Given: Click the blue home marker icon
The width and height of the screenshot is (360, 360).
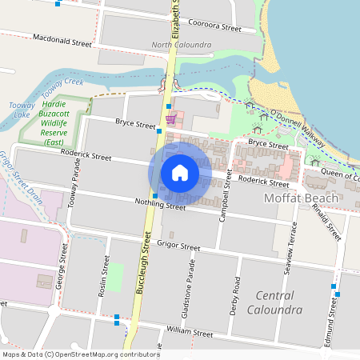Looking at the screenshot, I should tap(180, 173).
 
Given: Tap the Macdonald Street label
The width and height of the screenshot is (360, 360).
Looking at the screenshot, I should tap(62, 40).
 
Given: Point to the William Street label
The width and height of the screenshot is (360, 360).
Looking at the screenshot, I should tap(190, 332).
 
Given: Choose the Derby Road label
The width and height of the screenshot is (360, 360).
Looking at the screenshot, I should tap(235, 295).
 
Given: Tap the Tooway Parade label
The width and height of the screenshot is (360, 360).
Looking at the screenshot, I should tap(75, 189).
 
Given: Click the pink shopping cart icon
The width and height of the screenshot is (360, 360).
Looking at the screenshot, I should tap(170, 119).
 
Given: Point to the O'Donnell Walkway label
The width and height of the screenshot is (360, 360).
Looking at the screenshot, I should tap(302, 128).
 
